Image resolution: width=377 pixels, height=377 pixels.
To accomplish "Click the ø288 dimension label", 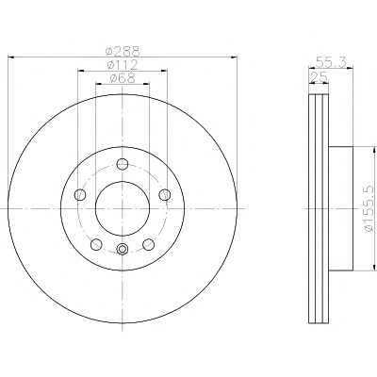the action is point(123,51).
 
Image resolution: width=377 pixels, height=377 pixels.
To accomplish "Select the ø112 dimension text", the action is point(123,65).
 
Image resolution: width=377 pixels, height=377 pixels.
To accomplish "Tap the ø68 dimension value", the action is point(123,78).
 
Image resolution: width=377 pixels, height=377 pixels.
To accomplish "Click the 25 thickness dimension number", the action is point(319,76).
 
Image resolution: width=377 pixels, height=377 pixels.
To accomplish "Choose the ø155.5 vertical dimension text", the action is point(370,209).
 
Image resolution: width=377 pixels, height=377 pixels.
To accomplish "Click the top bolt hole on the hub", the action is point(123,164).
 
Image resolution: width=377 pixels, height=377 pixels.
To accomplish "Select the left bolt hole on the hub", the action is point(80,194).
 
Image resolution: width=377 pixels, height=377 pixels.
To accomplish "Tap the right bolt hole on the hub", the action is point(165,194).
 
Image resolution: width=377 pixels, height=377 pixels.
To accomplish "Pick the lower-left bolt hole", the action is point(96,244).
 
